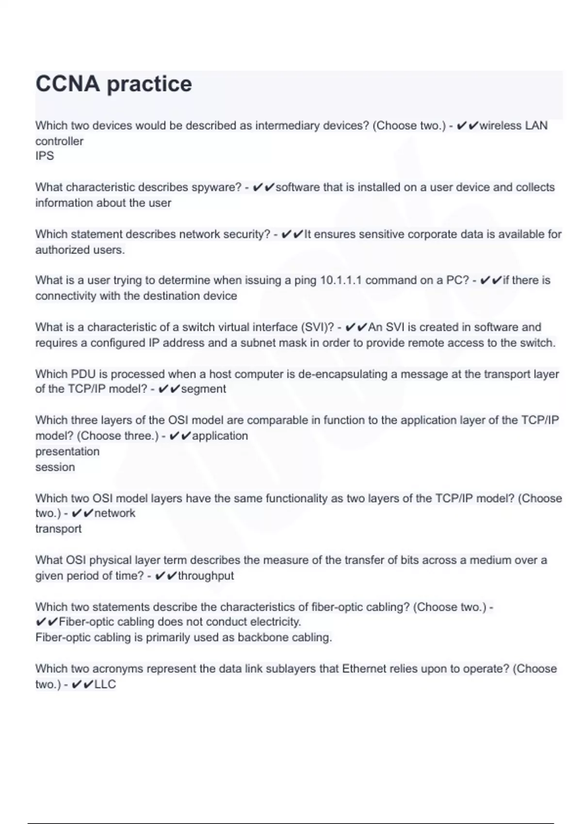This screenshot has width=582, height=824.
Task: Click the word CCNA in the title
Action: [x=67, y=84]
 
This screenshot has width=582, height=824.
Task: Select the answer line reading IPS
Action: [x=45, y=156]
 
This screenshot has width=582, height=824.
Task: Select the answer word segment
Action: [x=203, y=389]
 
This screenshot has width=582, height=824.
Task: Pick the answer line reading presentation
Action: [x=67, y=451]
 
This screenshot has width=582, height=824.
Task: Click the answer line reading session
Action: [x=55, y=467]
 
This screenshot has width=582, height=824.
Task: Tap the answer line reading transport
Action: [x=58, y=529]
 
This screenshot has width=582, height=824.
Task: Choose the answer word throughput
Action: [x=206, y=576]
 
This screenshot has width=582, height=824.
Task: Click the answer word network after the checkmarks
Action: [x=114, y=513]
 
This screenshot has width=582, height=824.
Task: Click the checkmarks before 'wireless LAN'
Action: [x=467, y=126]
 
